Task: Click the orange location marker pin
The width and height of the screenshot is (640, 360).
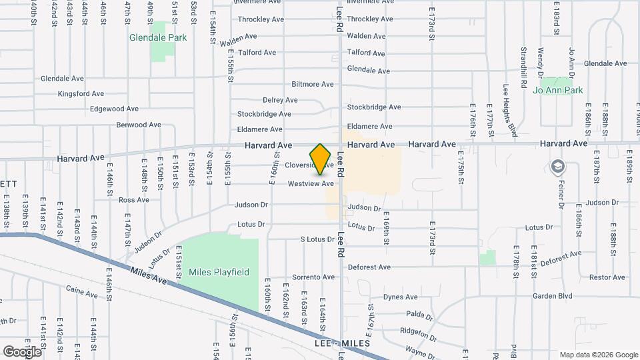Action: pyautogui.click(x=321, y=159)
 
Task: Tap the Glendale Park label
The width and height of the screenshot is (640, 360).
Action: pyautogui.click(x=158, y=38)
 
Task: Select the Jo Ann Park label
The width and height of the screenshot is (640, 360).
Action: pyautogui.click(x=558, y=90)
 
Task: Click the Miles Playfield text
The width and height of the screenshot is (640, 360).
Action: pyautogui.click(x=219, y=272)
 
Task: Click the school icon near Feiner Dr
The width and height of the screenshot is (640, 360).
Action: pyautogui.click(x=557, y=166)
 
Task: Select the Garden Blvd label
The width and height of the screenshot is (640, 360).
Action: pyautogui.click(x=552, y=295)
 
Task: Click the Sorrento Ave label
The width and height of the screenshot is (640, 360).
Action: pyautogui.click(x=312, y=277)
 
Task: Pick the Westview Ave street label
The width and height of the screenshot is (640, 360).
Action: pyautogui.click(x=311, y=183)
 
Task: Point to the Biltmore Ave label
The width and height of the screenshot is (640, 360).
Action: pyautogui.click(x=313, y=84)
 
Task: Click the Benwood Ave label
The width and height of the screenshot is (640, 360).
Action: pyautogui.click(x=139, y=125)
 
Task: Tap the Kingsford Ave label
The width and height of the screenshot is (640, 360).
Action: pyautogui.click(x=81, y=94)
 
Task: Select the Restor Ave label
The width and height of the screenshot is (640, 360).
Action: pyautogui.click(x=607, y=277)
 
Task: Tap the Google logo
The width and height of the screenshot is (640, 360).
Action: pyautogui.click(x=22, y=351)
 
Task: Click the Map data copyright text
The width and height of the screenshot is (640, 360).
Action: pyautogui.click(x=598, y=355)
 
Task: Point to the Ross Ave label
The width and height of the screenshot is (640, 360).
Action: pyautogui.click(x=133, y=199)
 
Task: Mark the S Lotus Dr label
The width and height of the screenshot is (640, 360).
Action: pyautogui.click(x=316, y=239)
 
